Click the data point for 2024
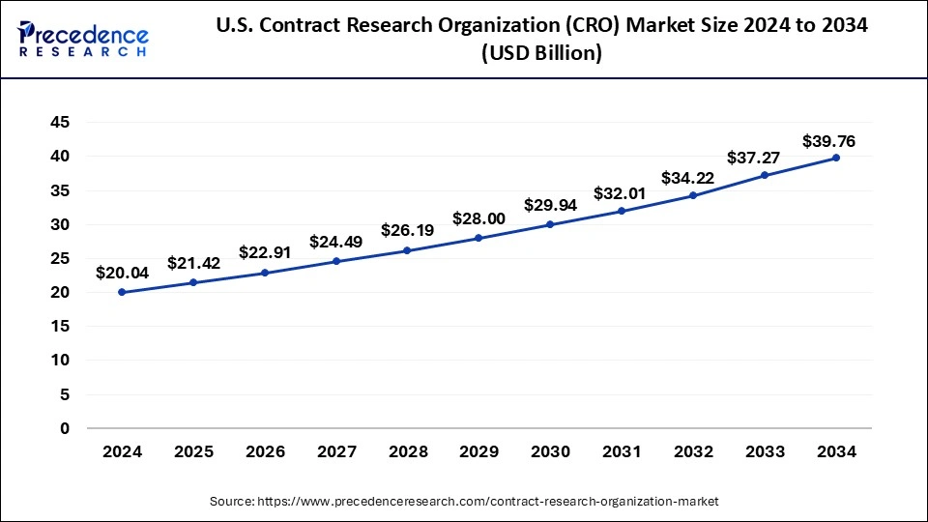(122, 292)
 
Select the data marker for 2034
(836, 158)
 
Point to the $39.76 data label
(829, 141)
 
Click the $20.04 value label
(122, 274)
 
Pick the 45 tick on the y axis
(60, 122)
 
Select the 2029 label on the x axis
(478, 451)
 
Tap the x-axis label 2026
(265, 451)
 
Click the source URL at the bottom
(463, 502)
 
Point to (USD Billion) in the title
(541, 54)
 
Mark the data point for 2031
(622, 211)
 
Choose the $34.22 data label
(687, 178)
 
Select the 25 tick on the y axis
(60, 258)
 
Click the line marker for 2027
(336, 261)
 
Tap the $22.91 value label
(265, 254)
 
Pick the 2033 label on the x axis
(765, 451)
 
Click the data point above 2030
(550, 224)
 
